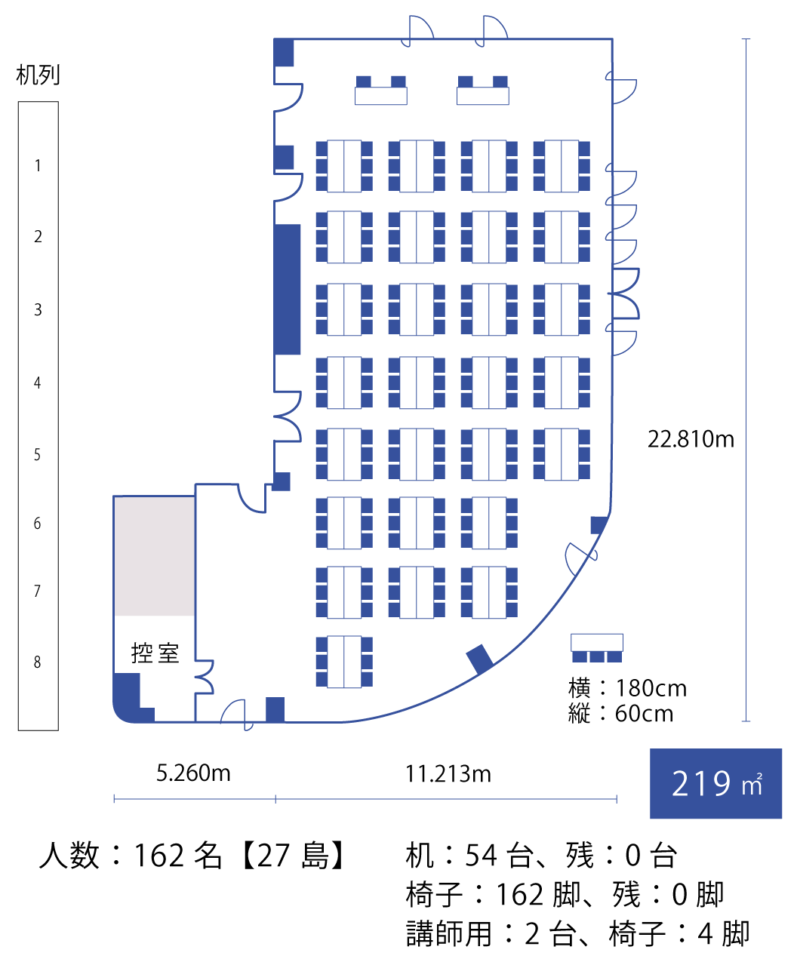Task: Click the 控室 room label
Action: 155,653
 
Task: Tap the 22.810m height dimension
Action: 691,439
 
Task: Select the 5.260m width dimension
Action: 193,773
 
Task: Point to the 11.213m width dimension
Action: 448,774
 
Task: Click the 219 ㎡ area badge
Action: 715,784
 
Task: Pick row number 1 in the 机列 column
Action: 38,165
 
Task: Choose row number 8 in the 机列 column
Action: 37,662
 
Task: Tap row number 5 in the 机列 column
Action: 37,455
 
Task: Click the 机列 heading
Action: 38,75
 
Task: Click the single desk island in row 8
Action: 344,662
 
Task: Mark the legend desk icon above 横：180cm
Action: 597,647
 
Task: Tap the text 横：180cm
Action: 627,688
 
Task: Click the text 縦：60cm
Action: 621,714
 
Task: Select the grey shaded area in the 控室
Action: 155,556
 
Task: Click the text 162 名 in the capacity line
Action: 178,856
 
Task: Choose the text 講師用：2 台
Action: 491,933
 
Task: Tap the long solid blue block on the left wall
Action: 288,289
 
